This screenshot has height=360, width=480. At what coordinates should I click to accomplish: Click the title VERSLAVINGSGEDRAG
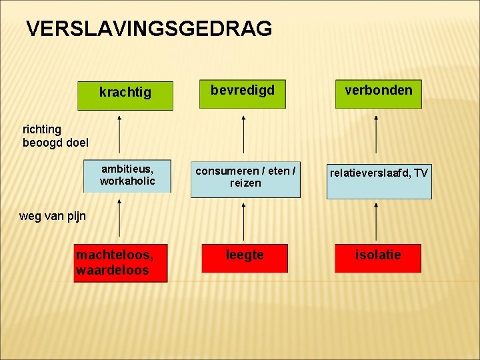[x=149, y=29]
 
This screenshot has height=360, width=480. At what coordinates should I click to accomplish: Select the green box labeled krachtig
[x=125, y=95]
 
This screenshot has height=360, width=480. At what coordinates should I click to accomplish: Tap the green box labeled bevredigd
[x=243, y=93]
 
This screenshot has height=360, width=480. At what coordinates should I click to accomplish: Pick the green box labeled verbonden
[x=378, y=93]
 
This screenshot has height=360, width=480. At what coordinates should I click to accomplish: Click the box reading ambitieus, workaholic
[x=127, y=177]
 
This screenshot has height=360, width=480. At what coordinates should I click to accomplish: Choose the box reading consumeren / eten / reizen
[x=245, y=179]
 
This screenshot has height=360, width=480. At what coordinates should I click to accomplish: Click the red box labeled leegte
[x=245, y=258]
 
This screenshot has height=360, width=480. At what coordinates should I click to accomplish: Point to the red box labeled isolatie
[x=378, y=258]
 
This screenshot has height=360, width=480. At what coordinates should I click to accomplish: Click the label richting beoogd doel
[x=55, y=135]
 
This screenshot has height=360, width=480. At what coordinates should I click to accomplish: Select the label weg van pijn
[x=53, y=216]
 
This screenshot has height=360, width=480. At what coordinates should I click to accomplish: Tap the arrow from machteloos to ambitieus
[x=119, y=219]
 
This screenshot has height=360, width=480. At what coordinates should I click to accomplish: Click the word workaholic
[x=127, y=181]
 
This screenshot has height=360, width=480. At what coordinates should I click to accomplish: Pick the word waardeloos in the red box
[x=113, y=270]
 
